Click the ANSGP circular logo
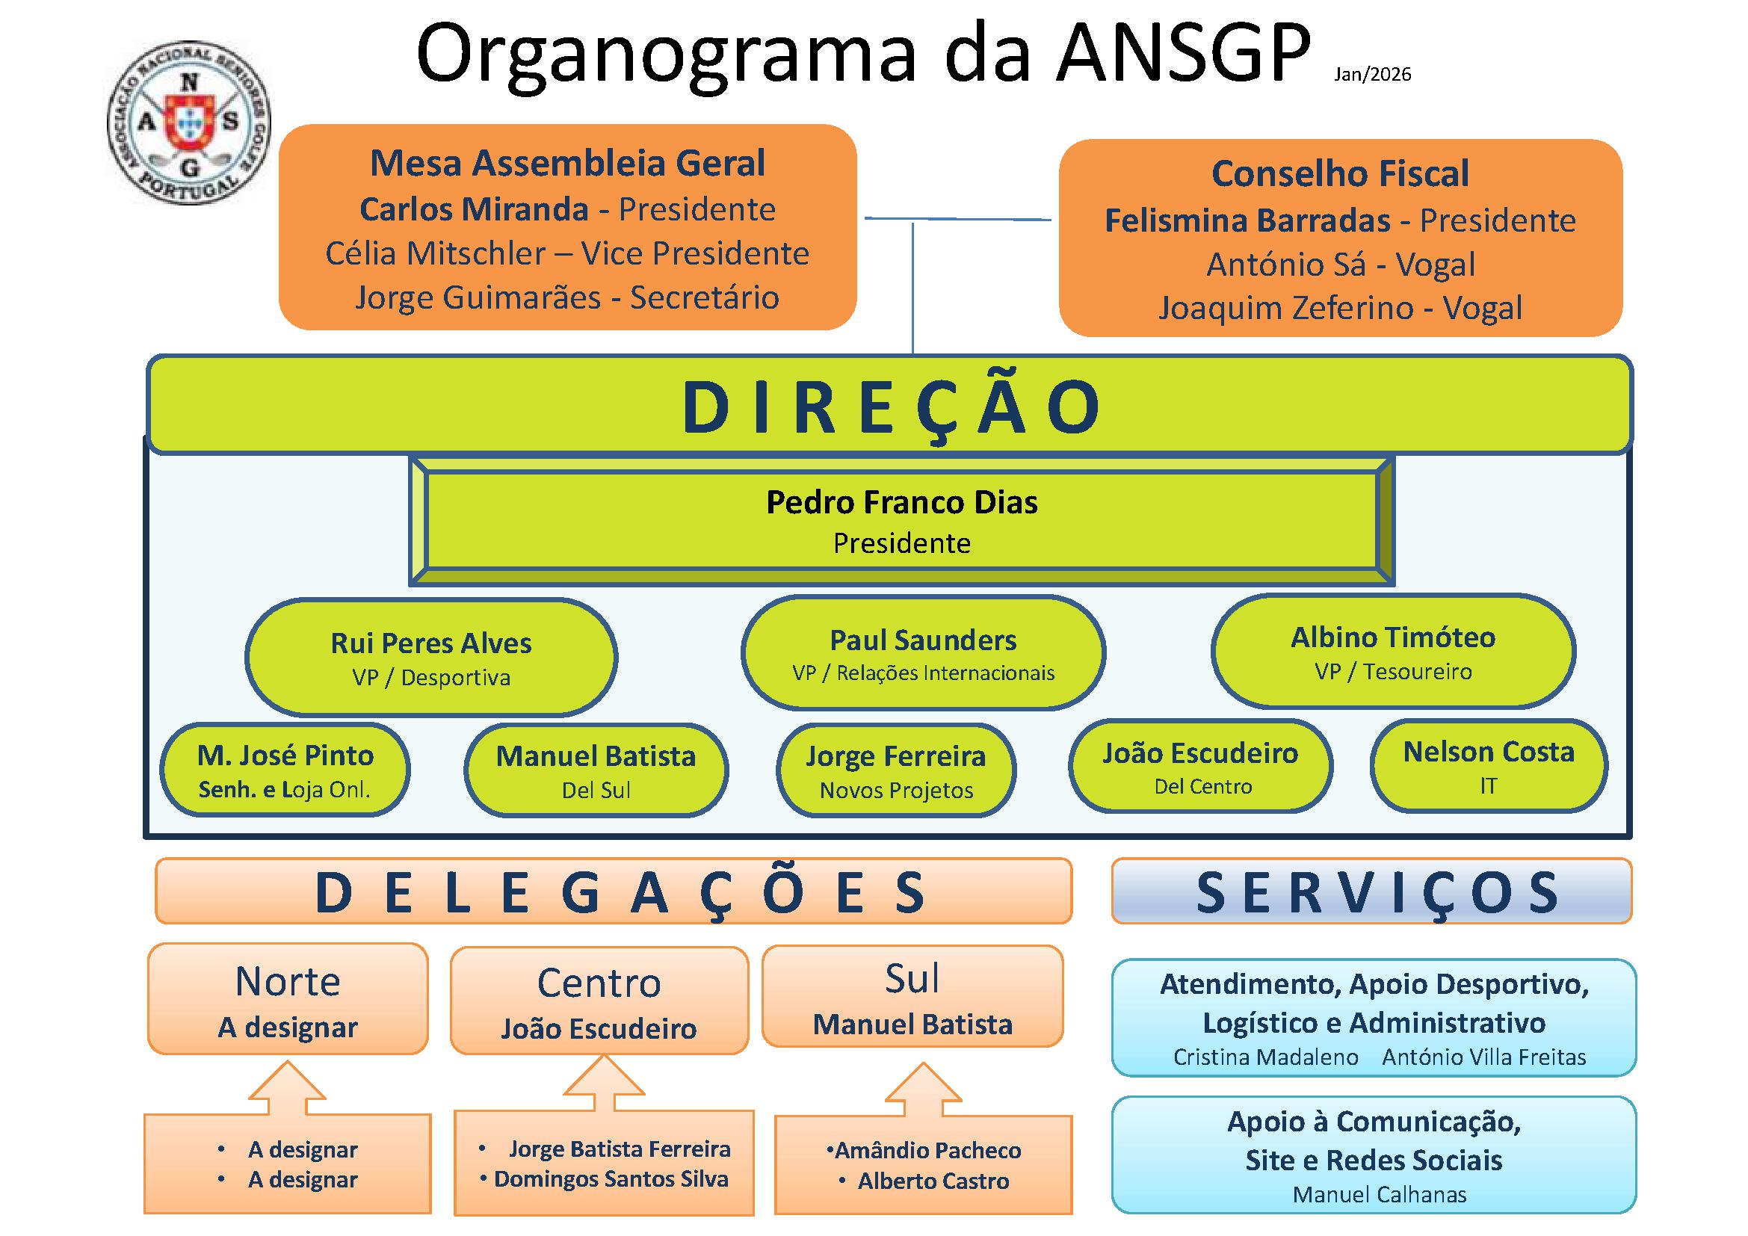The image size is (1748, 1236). tap(189, 123)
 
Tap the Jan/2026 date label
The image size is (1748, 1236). tap(1372, 75)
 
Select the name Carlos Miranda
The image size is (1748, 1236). tap(474, 209)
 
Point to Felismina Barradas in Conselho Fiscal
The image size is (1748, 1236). tap(1247, 220)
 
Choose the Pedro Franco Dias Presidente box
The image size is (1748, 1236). tap(901, 522)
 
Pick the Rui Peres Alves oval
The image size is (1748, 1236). tap(431, 658)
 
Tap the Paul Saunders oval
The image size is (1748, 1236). tap(923, 653)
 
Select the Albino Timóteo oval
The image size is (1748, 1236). tap(1392, 652)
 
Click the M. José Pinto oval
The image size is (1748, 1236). tap(285, 770)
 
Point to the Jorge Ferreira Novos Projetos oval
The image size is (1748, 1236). tap(895, 770)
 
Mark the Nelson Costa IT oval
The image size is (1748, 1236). tap(1489, 767)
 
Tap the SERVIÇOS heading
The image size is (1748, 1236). tap(1372, 892)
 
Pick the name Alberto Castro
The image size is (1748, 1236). tap(933, 1181)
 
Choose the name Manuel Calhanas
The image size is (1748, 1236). tap(1379, 1195)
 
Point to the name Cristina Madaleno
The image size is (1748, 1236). tap(1265, 1057)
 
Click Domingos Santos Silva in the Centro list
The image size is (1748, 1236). tap(611, 1180)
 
